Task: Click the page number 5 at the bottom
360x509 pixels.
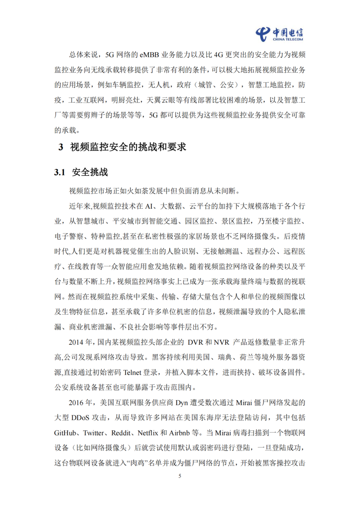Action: click(x=180, y=476)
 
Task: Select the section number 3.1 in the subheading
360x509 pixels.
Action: click(x=60, y=172)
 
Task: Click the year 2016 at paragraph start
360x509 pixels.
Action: click(x=77, y=403)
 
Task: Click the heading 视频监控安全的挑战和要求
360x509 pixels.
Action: click(x=128, y=148)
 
